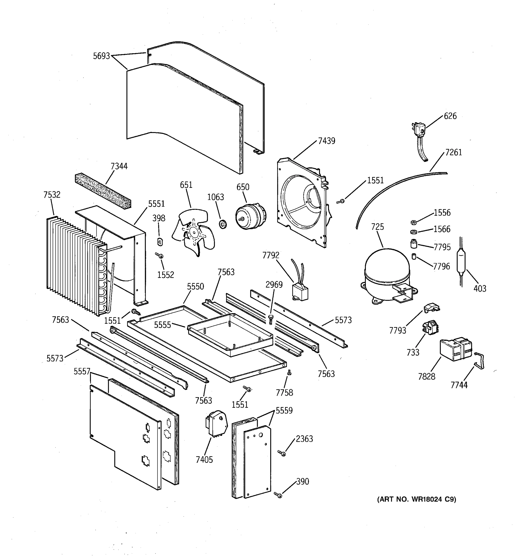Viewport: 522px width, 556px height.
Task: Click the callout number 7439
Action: pyautogui.click(x=326, y=141)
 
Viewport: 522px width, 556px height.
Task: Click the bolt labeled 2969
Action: pyautogui.click(x=270, y=319)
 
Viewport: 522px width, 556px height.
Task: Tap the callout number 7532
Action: pyautogui.click(x=52, y=195)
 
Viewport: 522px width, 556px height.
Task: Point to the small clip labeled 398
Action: pyautogui.click(x=160, y=241)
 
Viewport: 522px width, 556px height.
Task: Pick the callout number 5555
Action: pyautogui.click(x=162, y=325)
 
